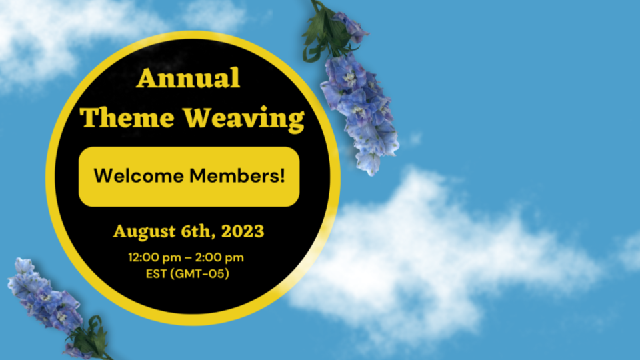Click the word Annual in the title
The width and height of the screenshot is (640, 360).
[x=188, y=79]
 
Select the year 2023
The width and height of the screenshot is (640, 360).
[x=242, y=231]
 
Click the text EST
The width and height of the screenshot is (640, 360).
[x=155, y=273]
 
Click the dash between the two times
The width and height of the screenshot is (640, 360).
[x=188, y=258]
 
